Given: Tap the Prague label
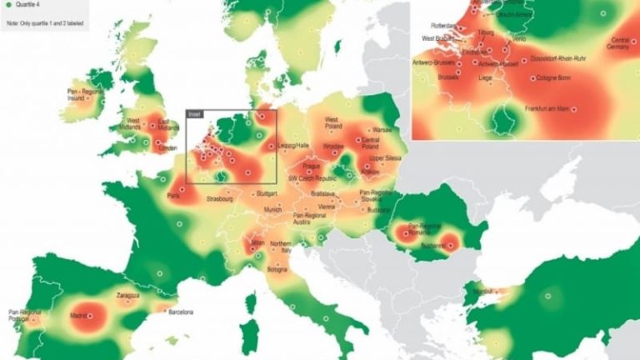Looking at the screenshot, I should click(x=301, y=166).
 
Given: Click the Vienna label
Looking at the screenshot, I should click(x=327, y=205).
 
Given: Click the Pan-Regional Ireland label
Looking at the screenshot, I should click(x=81, y=93).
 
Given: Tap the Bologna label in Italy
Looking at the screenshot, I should click(x=277, y=270).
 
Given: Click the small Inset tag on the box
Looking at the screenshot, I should click(x=195, y=113).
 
